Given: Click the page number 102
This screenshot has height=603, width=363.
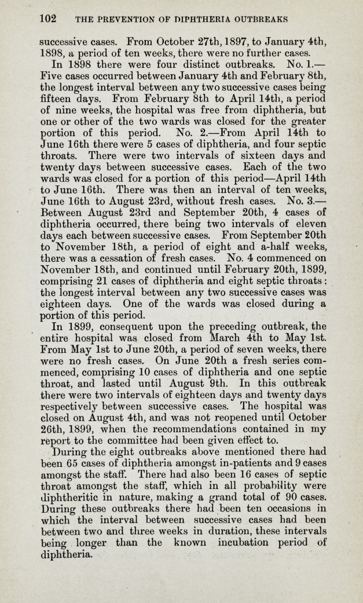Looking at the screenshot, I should pyautogui.click(x=47, y=18).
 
